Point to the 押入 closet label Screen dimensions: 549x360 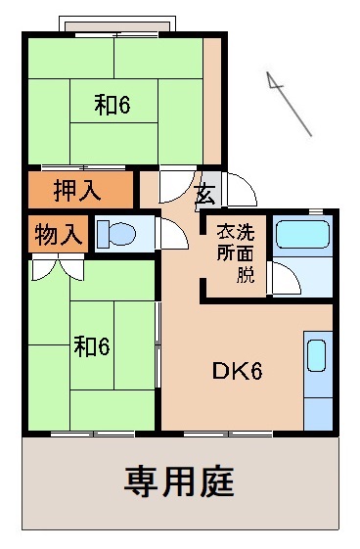point(76,190)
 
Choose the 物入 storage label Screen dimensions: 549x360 point(58,235)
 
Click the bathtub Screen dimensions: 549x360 point(302,236)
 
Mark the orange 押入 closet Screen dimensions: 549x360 point(78,190)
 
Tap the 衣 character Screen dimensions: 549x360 point(224,233)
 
